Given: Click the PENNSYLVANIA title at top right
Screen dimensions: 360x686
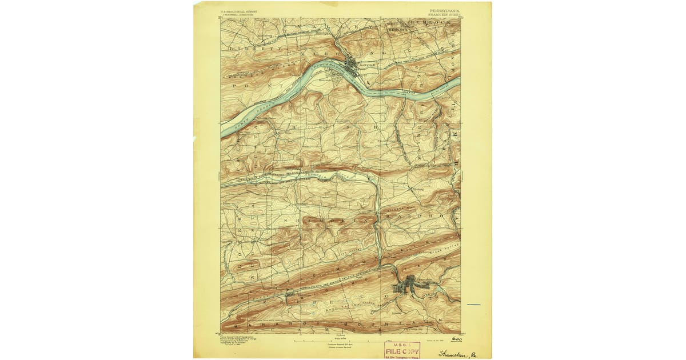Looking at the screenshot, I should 443,10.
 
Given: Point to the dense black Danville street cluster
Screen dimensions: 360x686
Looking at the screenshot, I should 353,64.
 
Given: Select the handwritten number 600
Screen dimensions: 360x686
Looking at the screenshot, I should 456,338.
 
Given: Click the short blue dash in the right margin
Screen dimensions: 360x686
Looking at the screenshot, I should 473,305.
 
